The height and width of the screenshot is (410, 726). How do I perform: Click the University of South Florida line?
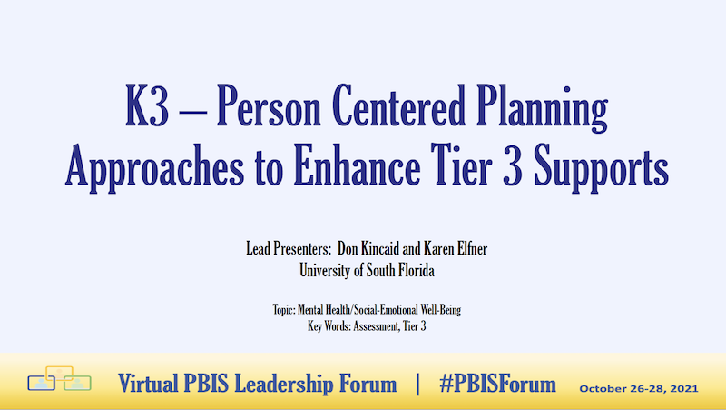[363, 269]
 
